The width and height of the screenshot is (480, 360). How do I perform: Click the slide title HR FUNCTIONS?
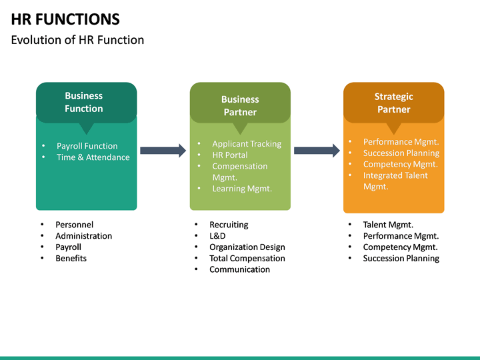pyautogui.click(x=65, y=19)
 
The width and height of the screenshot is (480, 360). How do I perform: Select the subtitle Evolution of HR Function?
pyautogui.click(x=77, y=40)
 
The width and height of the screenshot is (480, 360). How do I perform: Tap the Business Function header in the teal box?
pyautogui.click(x=84, y=102)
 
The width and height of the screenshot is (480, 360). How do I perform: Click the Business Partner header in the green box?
pyautogui.click(x=240, y=105)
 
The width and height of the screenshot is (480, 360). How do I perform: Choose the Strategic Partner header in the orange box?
pyautogui.click(x=393, y=103)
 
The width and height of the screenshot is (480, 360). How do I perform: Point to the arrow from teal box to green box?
pyautogui.click(x=163, y=151)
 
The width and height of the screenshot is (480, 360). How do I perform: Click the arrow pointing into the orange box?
pyautogui.click(x=317, y=151)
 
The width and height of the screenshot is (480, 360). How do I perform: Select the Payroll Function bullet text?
pyautogui.click(x=87, y=146)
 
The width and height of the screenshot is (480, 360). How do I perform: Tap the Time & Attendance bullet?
pyautogui.click(x=93, y=157)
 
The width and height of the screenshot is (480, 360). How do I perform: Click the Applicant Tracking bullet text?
pyautogui.click(x=247, y=144)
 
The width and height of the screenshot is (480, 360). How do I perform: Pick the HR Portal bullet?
pyautogui.click(x=230, y=155)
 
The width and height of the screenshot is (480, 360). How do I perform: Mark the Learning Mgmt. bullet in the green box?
pyautogui.click(x=242, y=189)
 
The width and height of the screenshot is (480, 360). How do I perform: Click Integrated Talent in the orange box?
pyautogui.click(x=395, y=175)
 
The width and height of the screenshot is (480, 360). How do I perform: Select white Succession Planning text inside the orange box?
pyautogui.click(x=401, y=153)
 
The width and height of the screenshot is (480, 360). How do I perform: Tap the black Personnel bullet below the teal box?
pyautogui.click(x=74, y=225)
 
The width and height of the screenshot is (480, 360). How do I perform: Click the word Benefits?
pyautogui.click(x=71, y=258)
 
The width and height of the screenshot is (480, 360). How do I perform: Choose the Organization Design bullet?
pyautogui.click(x=247, y=247)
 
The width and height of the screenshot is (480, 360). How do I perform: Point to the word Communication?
pyautogui.click(x=239, y=269)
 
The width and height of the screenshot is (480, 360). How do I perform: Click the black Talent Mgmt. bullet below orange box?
pyautogui.click(x=388, y=225)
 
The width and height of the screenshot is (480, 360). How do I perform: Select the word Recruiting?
pyautogui.click(x=229, y=225)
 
